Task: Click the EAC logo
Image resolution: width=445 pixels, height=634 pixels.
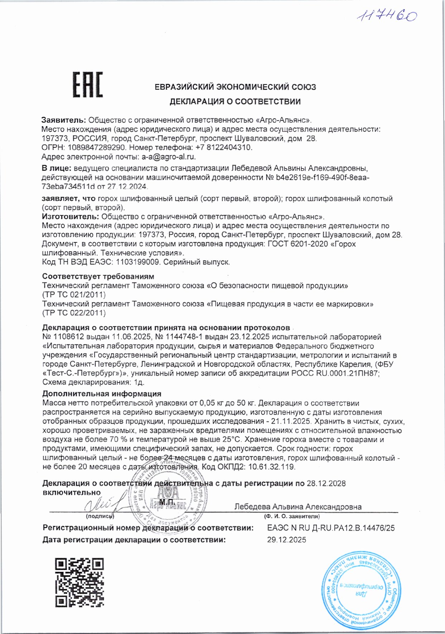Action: click(88, 85)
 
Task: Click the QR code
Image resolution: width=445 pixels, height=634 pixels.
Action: click(80, 582)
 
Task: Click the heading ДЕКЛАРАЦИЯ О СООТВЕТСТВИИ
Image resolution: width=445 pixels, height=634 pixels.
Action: click(235, 102)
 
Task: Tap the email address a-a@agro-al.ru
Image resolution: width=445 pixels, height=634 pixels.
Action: click(169, 157)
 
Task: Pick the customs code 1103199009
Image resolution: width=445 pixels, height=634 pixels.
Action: click(138, 262)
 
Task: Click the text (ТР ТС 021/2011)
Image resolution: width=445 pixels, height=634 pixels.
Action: click(74, 295)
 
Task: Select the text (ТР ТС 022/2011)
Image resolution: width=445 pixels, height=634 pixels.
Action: click(74, 313)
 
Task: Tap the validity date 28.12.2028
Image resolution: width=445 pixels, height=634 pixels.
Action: click(326, 483)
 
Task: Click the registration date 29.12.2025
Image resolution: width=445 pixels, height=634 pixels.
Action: click(287, 540)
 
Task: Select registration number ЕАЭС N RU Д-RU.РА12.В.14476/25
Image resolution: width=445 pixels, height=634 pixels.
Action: click(331, 528)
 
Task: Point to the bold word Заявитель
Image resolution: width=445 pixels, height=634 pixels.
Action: click(63, 120)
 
